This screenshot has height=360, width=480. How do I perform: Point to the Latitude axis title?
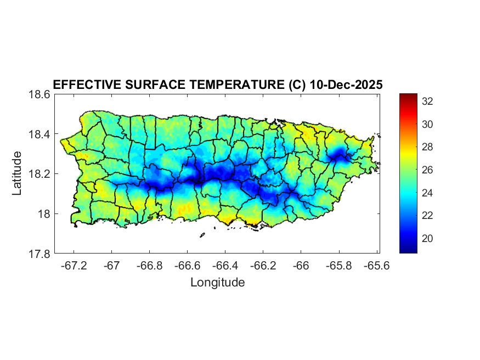18,173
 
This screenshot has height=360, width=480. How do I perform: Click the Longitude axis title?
217,283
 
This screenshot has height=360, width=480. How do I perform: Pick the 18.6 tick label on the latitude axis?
40,94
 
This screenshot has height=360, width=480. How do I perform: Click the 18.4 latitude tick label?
40,134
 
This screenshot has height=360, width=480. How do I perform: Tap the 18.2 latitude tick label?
40,174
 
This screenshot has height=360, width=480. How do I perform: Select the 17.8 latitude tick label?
40,254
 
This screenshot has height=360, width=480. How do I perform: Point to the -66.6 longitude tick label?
187,266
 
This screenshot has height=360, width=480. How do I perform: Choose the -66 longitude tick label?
301,266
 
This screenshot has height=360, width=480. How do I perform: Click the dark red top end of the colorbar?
408,97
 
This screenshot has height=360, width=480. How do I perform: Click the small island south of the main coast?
202,235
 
